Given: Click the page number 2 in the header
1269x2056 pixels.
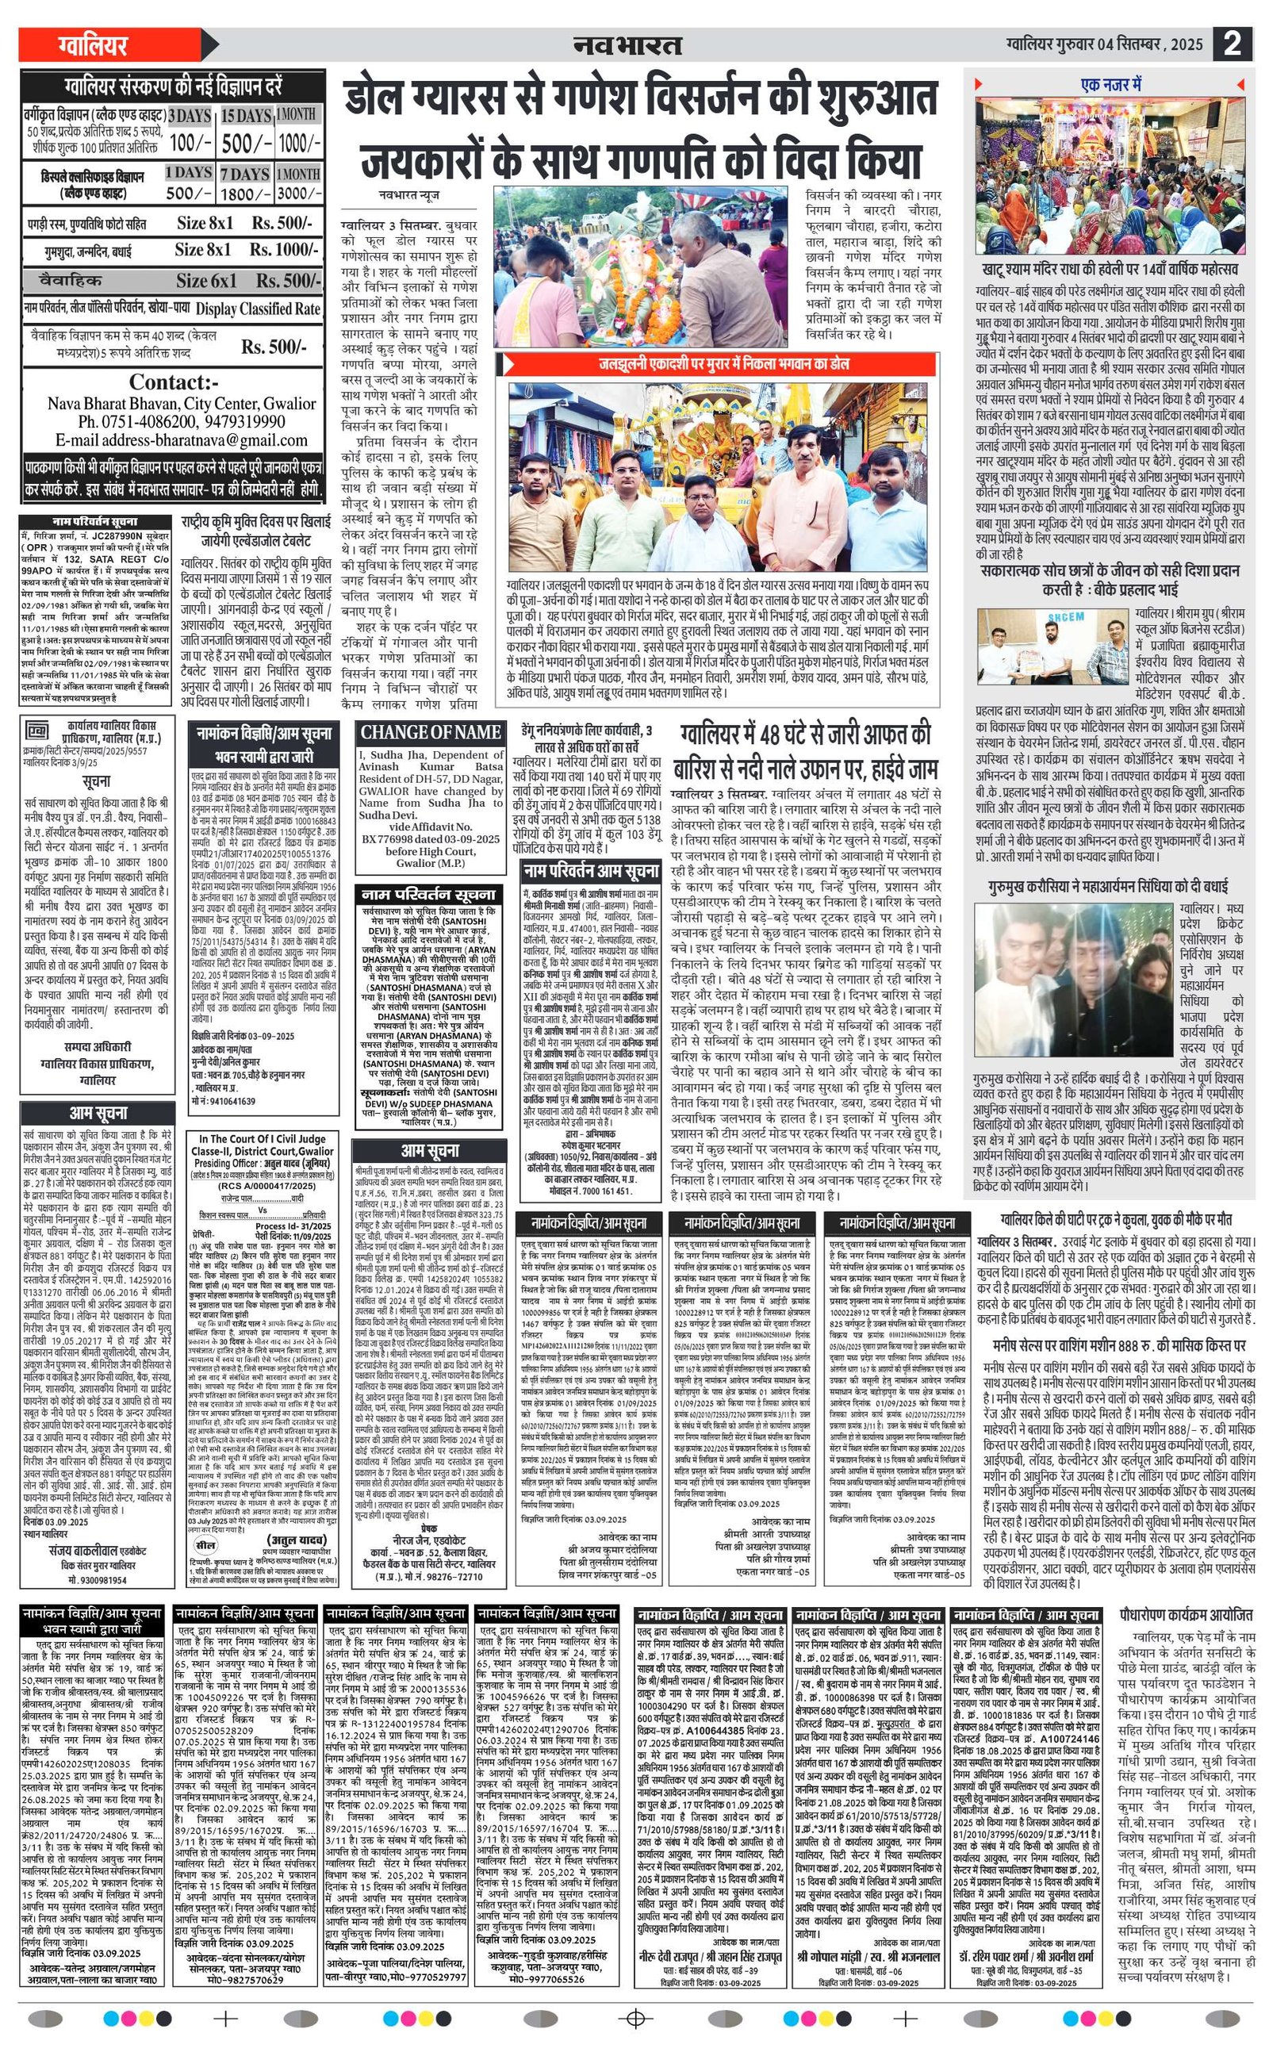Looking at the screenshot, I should [x=1232, y=43].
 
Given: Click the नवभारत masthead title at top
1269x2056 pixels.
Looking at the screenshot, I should [x=628, y=45].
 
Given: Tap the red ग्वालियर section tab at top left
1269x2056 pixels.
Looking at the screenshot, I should [x=91, y=44].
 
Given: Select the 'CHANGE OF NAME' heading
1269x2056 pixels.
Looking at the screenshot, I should [x=431, y=733].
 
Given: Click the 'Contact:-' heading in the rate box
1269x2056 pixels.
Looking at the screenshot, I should [x=174, y=382].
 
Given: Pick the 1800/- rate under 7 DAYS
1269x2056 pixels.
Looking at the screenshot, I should [x=244, y=194].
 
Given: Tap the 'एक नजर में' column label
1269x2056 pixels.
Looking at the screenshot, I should [x=1111, y=85].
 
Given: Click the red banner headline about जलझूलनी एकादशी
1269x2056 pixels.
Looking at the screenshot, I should [x=723, y=364].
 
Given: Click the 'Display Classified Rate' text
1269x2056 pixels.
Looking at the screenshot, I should [x=258, y=309].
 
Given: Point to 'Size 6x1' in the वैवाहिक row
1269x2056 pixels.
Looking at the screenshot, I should [x=205, y=280].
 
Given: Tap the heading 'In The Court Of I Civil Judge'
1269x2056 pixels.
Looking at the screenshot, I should [x=262, y=1139].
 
